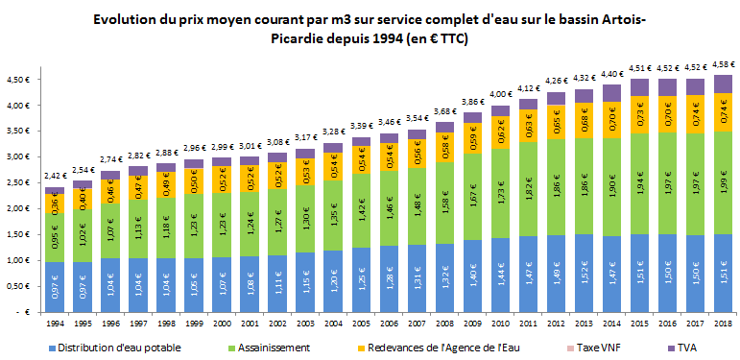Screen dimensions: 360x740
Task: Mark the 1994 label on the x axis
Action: [x=56, y=325]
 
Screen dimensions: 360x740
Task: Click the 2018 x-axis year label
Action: [x=723, y=325]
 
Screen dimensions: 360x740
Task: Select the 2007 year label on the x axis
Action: [x=417, y=325]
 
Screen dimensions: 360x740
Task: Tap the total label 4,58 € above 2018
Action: [x=723, y=64]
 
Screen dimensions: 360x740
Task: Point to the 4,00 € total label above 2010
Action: [x=501, y=94]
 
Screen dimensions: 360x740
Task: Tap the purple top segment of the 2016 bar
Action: [x=667, y=87]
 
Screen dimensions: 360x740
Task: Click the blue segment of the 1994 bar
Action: [x=56, y=287]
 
